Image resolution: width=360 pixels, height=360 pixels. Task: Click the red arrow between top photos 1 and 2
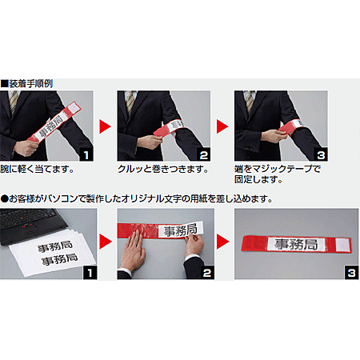tap(104, 126)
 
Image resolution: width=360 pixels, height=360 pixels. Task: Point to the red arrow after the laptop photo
tap(104, 242)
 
